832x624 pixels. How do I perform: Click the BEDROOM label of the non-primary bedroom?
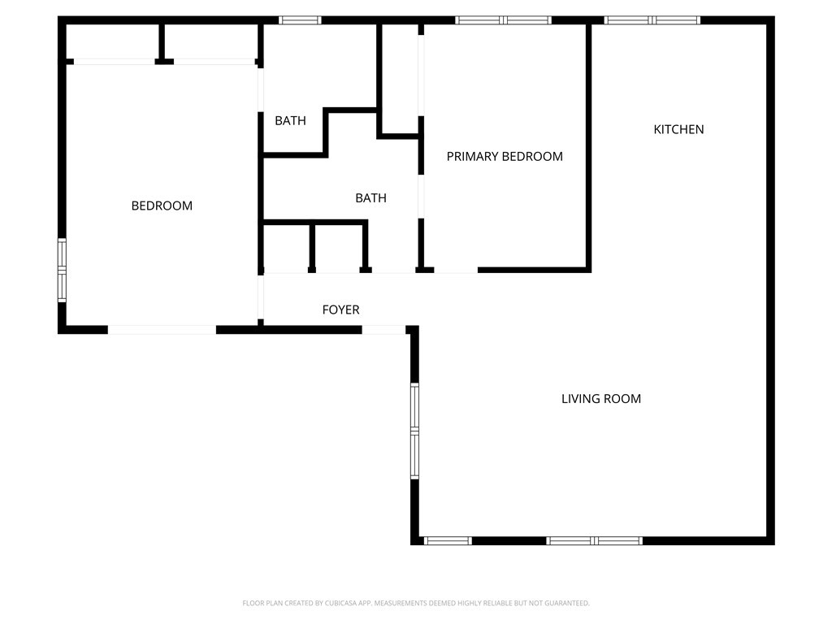point(162,206)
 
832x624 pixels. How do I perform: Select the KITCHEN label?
point(678,129)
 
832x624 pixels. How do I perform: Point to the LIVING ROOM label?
point(601,399)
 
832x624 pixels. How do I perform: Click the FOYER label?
point(340,310)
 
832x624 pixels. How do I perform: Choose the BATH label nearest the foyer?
point(370,197)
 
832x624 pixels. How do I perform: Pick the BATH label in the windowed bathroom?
point(290,121)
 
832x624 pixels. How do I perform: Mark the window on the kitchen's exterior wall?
point(652,20)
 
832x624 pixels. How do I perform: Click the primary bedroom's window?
point(503,20)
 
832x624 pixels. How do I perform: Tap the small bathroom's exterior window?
point(300,20)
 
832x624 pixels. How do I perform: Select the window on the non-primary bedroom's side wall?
point(62,271)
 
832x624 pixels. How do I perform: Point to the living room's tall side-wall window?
point(414,431)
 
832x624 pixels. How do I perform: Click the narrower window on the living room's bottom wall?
point(448,540)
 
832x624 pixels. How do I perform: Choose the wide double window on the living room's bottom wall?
point(595,540)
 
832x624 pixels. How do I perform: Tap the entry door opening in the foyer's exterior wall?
point(383,329)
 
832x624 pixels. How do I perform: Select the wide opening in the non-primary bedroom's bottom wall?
point(162,329)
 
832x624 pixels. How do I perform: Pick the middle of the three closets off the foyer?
point(338,248)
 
